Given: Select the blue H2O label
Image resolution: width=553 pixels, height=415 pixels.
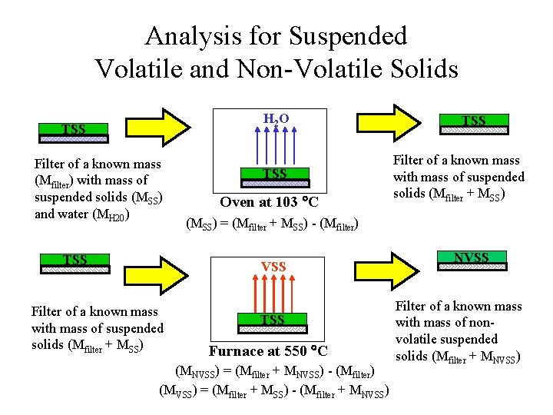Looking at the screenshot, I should tap(276, 118).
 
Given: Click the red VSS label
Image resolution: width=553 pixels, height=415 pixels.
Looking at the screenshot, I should tap(273, 267).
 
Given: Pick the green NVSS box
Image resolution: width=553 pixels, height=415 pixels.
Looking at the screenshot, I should tap(472, 258).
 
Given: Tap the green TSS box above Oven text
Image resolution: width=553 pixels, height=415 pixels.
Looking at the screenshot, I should tap(275, 174).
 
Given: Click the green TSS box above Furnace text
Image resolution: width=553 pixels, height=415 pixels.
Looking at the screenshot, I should tap(273, 319).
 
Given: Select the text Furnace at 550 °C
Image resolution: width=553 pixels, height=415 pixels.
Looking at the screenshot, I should tap(268, 351).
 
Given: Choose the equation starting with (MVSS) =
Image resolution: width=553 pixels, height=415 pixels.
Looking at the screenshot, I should tap(274, 390).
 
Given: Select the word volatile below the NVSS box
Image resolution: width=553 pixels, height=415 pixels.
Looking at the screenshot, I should tap(422, 339).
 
